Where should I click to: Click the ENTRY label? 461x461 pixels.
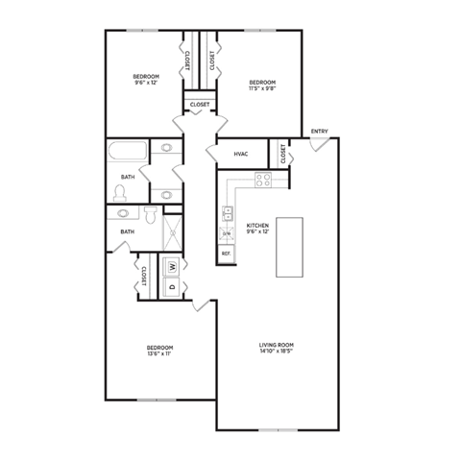tap(319, 132)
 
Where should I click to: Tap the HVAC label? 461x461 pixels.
tap(241, 154)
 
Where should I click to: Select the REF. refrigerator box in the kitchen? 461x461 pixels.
tap(227, 253)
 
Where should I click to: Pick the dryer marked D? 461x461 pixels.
tap(172, 286)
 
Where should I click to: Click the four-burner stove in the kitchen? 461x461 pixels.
tap(262, 179)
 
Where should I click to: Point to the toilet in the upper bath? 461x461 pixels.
tap(121, 193)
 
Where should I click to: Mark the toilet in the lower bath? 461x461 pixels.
tap(151, 214)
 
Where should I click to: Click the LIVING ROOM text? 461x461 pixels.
tap(276, 345)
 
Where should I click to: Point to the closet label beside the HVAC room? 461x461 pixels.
tap(283, 154)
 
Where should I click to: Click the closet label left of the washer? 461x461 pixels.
tap(144, 277)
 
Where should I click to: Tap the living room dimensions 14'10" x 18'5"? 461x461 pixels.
tap(276, 352)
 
